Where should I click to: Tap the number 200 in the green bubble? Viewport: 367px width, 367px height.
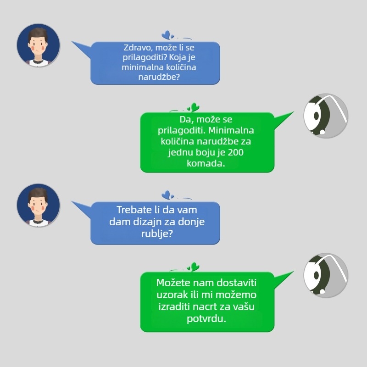pyautogui.click(x=236, y=152)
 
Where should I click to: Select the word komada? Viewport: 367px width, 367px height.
pyautogui.click(x=206, y=163)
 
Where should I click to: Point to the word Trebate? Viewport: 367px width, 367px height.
pyautogui.click(x=134, y=210)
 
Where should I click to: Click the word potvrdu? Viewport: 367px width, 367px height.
pyautogui.click(x=206, y=319)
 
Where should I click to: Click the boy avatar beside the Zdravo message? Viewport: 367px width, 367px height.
pyautogui.click(x=39, y=45)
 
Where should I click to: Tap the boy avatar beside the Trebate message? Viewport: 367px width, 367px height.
pyautogui.click(x=39, y=205)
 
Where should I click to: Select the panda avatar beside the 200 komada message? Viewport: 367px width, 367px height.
pyautogui.click(x=326, y=116)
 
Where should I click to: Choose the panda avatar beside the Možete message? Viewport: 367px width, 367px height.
pyautogui.click(x=326, y=275)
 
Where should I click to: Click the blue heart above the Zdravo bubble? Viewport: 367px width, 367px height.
pyautogui.click(x=167, y=35)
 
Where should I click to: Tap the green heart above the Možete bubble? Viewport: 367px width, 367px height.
pyautogui.click(x=194, y=267)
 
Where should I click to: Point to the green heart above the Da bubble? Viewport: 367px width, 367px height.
pyautogui.click(x=194, y=107)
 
